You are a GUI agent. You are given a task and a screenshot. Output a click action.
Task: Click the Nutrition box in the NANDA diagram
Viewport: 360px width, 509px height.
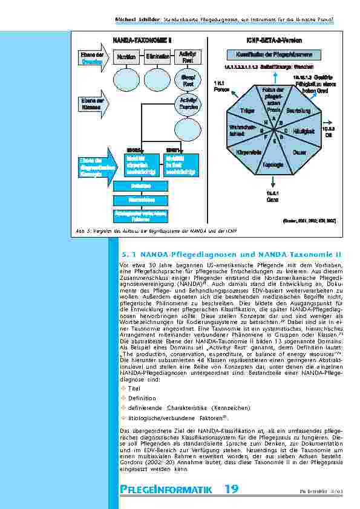click(x=126, y=56)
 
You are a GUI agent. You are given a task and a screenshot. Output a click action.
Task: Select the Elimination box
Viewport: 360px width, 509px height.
click(x=157, y=56)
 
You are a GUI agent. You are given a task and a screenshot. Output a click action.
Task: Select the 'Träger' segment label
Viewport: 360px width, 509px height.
click(x=247, y=111)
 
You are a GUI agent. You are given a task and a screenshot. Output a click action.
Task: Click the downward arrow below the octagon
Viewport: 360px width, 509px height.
click(x=273, y=181)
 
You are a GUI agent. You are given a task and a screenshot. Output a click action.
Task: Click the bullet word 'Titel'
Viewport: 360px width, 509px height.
click(x=134, y=388)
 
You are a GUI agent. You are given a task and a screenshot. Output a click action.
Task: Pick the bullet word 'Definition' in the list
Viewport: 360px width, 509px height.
click(x=142, y=398)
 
